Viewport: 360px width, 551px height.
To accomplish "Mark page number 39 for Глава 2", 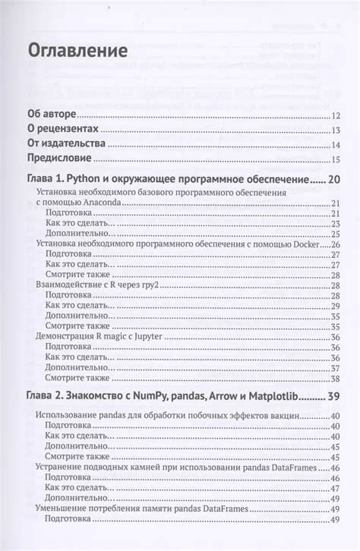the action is point(333,396).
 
